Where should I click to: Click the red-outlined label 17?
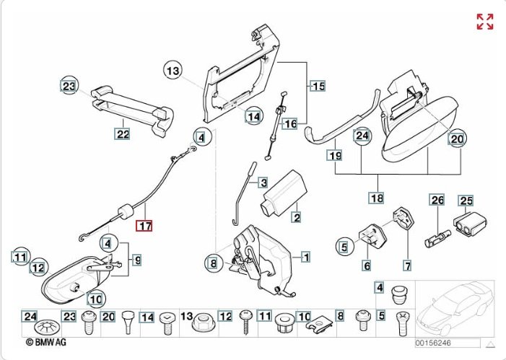(x=145, y=226)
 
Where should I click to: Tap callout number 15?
(x=318, y=87)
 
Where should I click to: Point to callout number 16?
(x=289, y=123)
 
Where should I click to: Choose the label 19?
(x=334, y=155)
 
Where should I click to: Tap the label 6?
(x=367, y=266)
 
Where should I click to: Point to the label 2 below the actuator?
(x=296, y=216)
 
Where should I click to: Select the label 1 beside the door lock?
(x=305, y=256)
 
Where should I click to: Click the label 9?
(x=136, y=260)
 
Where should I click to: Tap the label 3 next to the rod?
(x=263, y=183)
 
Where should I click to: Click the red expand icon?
(x=485, y=22)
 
